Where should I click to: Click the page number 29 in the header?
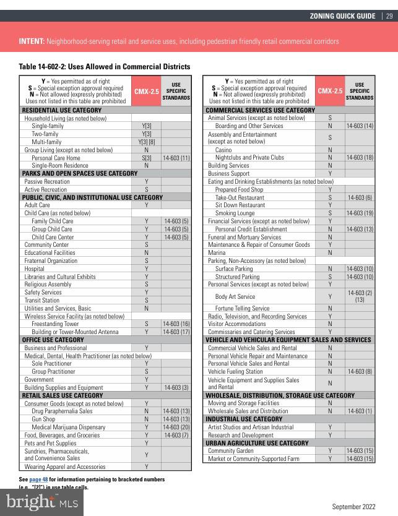pyautogui.click(x=389, y=16)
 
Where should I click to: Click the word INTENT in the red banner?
pyautogui.click(x=31, y=41)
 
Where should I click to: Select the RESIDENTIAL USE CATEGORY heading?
pyautogui.click(x=61, y=110)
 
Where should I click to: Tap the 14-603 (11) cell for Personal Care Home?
pyautogui.click(x=176, y=158)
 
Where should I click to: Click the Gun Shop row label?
pyautogui.click(x=43, y=419)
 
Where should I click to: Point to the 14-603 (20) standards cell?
pyautogui.click(x=176, y=427)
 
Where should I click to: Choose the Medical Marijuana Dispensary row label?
pyautogui.click(x=68, y=427)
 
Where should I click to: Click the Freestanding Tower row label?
pyautogui.click(x=55, y=324)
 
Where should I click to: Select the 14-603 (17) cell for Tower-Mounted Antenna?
pyautogui.click(x=176, y=332)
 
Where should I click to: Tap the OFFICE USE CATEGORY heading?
pyautogui.click(x=53, y=340)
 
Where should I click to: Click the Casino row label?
pyautogui.click(x=223, y=150)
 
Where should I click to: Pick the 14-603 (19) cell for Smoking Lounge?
pyautogui.click(x=360, y=213)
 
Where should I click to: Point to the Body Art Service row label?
pyautogui.click(x=235, y=296)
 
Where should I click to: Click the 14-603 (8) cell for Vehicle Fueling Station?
pyautogui.click(x=360, y=371)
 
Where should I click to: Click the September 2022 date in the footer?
pyautogui.click(x=354, y=506)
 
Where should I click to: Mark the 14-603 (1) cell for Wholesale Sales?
pyautogui.click(x=360, y=411)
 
